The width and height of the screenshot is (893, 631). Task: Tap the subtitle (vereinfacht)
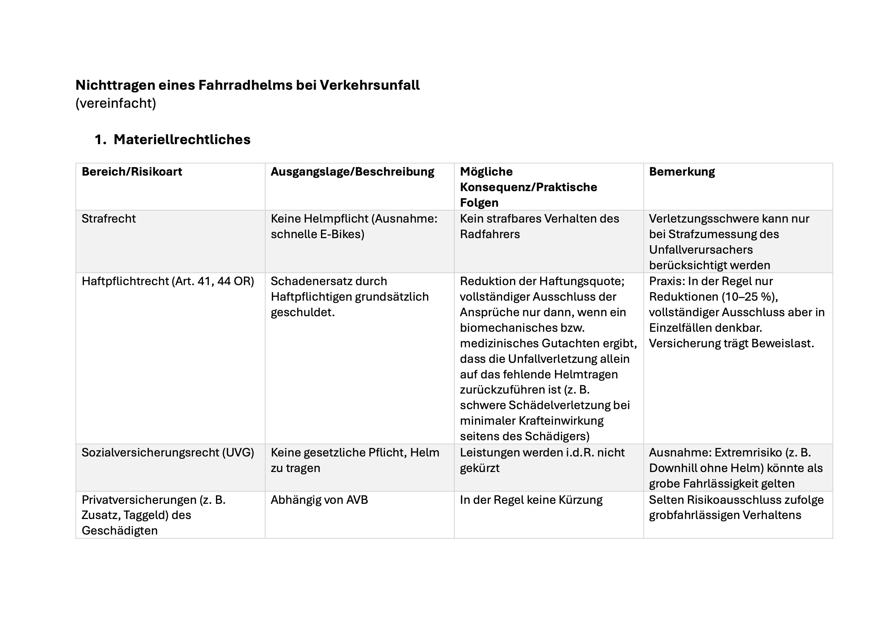116,104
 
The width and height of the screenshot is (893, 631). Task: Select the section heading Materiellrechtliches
182,140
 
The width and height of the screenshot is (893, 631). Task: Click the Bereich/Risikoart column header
132,172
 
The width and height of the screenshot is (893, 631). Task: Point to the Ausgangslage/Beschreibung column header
352,172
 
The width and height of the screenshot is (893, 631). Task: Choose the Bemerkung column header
682,172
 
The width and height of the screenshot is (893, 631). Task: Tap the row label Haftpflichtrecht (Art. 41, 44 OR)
167,281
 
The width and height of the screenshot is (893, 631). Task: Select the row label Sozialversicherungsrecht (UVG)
167,453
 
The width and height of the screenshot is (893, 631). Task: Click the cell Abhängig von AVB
319,500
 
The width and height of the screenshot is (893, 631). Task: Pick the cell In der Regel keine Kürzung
531,500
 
